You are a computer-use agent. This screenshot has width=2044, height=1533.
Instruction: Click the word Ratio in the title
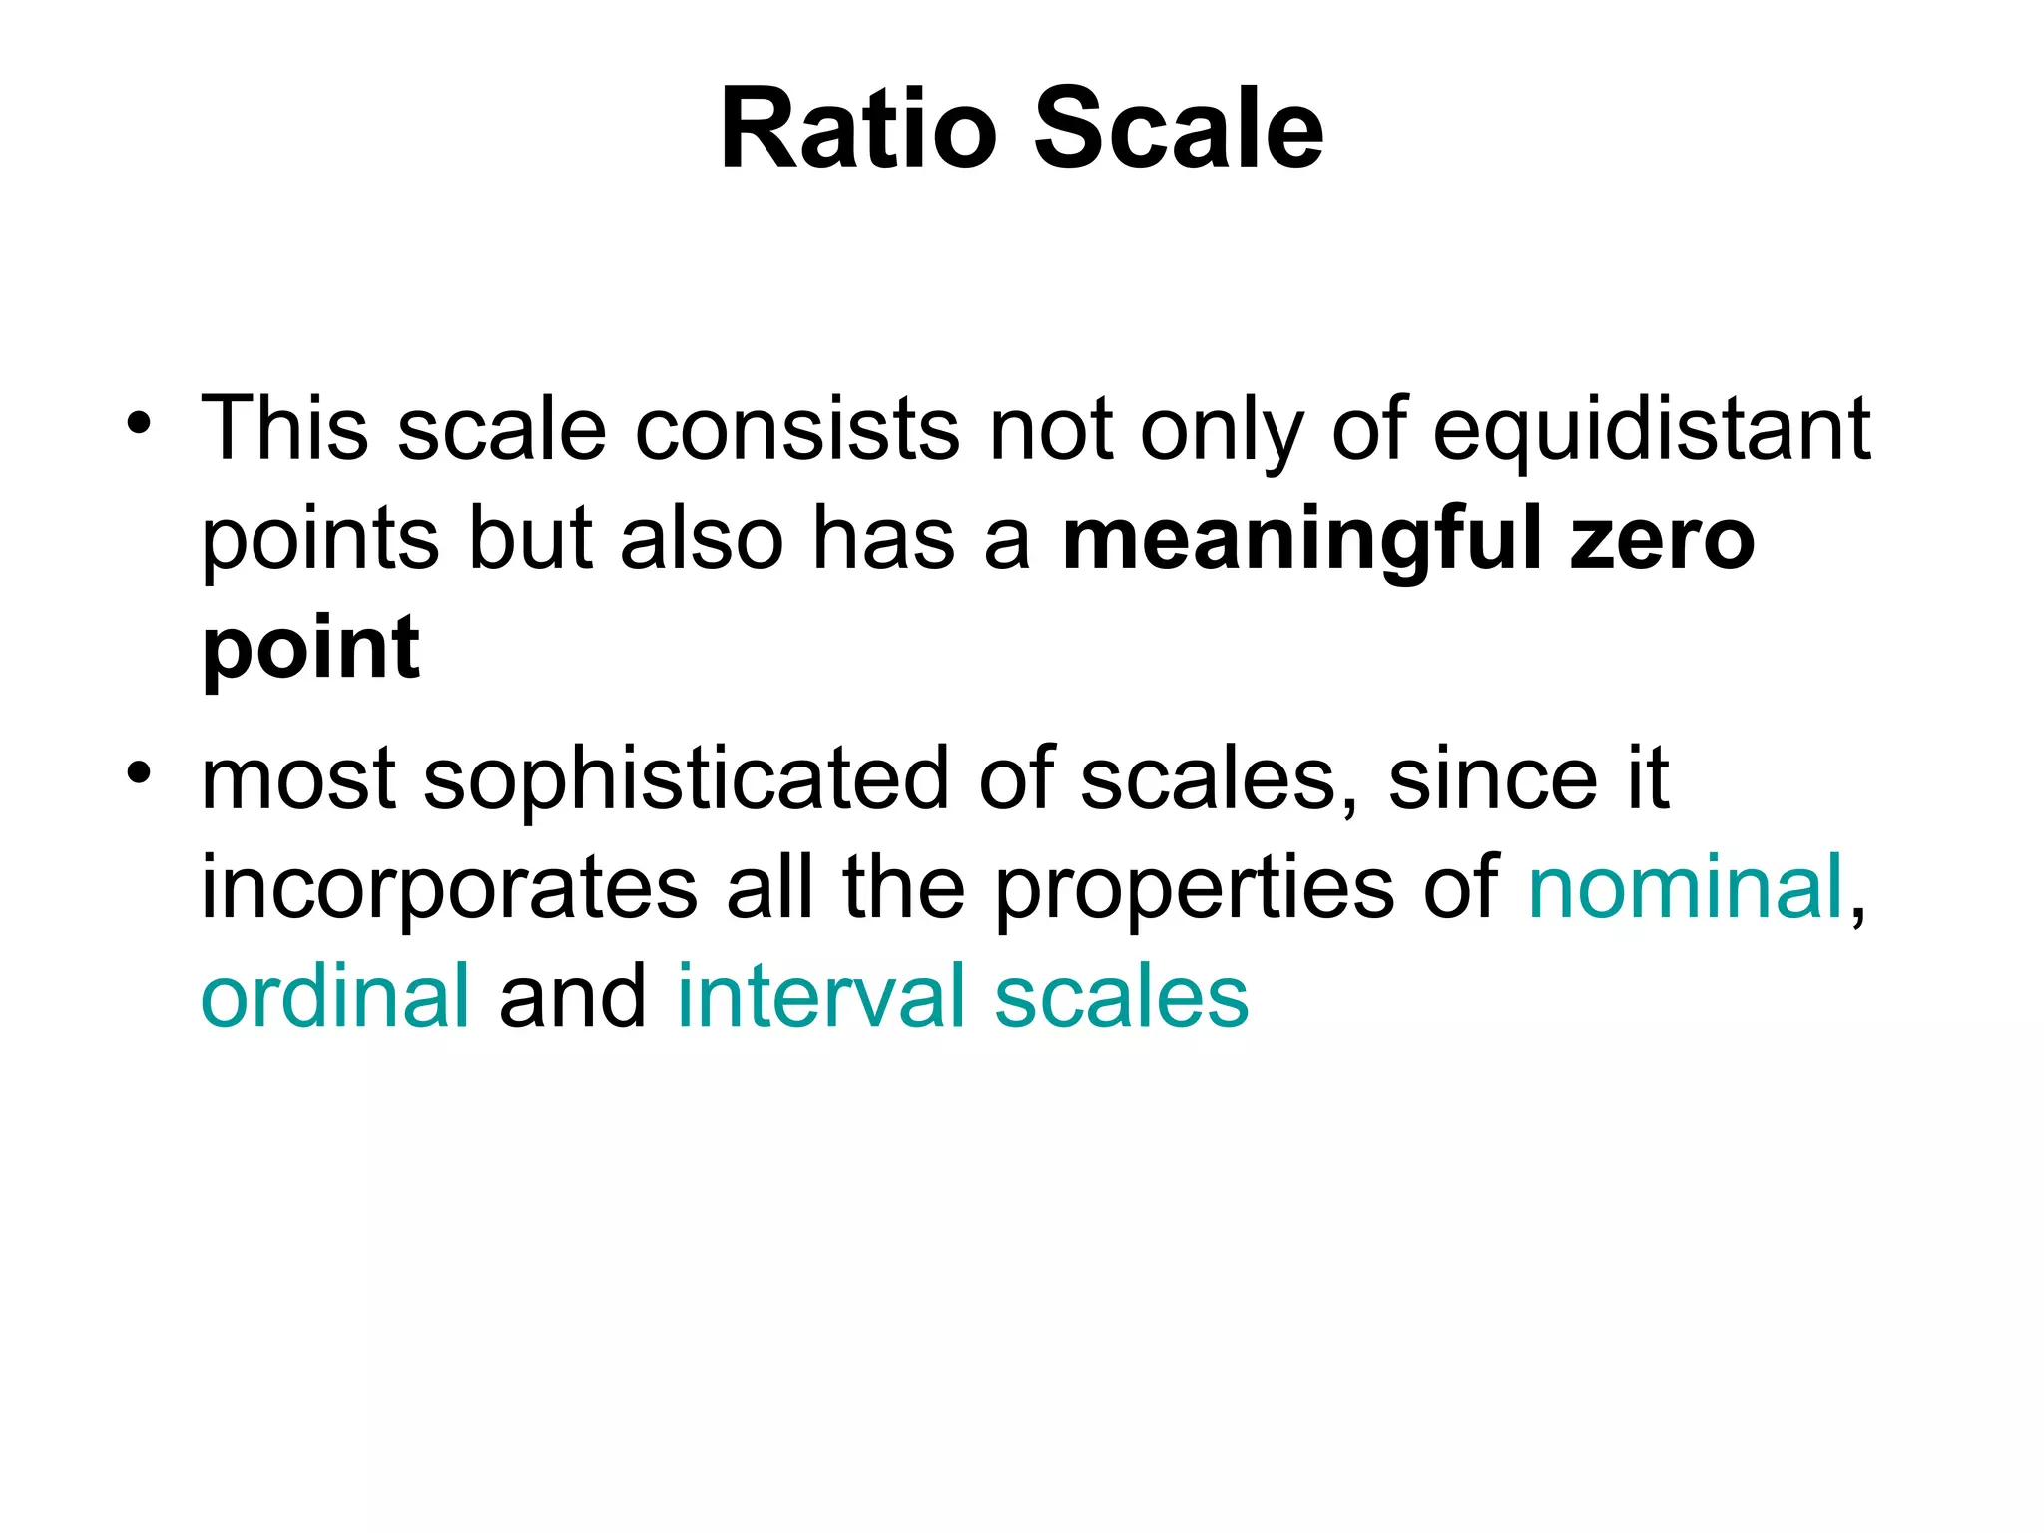858,130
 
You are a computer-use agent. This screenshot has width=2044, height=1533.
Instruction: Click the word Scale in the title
1178,130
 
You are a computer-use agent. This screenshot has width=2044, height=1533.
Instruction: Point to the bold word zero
1661,539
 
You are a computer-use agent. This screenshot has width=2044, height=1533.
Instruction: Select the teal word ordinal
334,995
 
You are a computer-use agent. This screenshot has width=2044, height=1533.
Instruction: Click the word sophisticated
687,780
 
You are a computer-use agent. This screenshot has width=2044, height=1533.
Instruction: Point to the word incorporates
449,888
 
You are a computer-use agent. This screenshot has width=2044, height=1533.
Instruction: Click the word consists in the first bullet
796,429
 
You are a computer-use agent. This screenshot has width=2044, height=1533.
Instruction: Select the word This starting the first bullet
284,429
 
